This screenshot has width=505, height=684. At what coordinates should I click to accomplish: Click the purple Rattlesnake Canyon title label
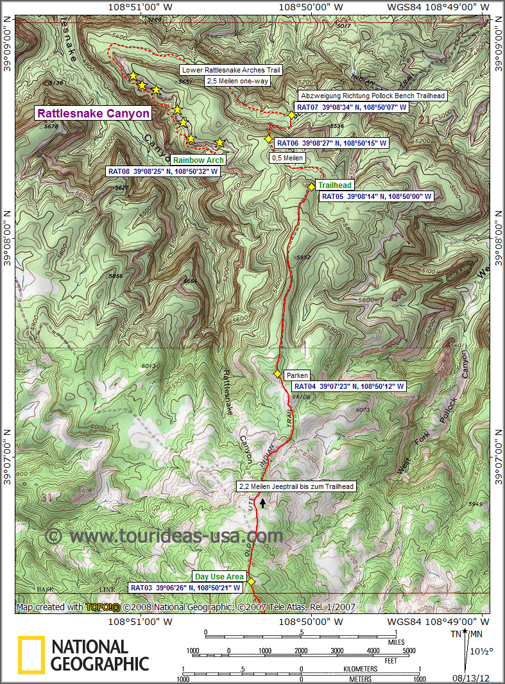click(94, 114)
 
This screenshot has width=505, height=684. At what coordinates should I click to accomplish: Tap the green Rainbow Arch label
click(198, 160)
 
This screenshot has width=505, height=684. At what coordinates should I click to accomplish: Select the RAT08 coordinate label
click(163, 171)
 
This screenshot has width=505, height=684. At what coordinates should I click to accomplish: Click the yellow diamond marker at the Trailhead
click(311, 187)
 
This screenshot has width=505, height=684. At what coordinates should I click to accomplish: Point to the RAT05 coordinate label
click(376, 196)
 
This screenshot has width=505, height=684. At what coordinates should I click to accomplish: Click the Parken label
click(298, 375)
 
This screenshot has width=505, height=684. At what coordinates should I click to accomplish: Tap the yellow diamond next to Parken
click(278, 374)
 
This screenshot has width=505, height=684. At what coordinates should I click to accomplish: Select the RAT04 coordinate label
click(349, 387)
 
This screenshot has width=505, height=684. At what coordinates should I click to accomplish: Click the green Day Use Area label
click(219, 577)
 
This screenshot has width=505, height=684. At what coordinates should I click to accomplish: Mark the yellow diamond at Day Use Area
click(251, 581)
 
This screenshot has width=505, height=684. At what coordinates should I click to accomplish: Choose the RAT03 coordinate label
click(185, 587)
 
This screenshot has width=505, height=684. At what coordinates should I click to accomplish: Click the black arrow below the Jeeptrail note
click(262, 504)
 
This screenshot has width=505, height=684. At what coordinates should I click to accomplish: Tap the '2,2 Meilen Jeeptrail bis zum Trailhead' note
click(296, 486)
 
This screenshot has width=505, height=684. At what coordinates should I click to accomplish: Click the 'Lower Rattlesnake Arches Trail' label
click(232, 70)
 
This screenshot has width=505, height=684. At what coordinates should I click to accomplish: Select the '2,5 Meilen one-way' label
click(237, 81)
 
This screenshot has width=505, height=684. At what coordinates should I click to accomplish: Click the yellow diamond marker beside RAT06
click(269, 139)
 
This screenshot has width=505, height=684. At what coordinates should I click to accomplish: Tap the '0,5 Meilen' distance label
click(287, 158)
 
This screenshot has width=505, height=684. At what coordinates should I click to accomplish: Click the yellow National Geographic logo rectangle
click(31, 654)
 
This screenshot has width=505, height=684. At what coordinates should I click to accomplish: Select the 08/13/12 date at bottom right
click(472, 676)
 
